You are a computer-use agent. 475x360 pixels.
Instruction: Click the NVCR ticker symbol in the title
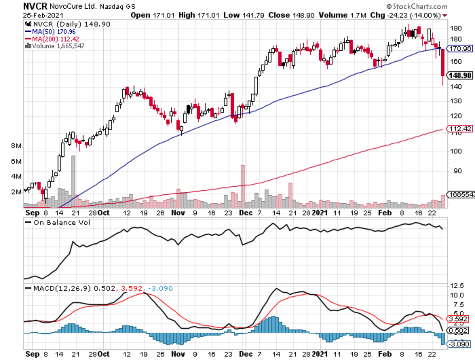pos(35,6)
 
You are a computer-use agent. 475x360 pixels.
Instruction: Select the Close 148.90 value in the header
pos(285,15)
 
